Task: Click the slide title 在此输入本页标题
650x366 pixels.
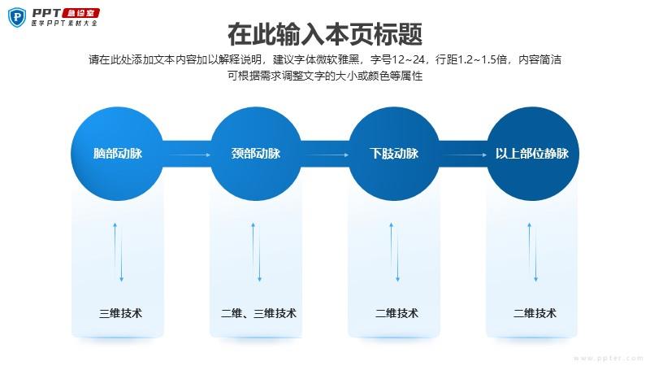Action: [325, 34]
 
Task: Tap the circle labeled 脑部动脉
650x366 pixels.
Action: [118, 154]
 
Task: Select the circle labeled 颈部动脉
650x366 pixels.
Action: [256, 154]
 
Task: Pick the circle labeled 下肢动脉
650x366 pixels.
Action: [394, 154]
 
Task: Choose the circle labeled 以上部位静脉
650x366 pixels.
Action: [532, 154]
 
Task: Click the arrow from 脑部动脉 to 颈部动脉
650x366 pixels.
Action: [187, 155]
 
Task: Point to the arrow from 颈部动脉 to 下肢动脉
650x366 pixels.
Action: [325, 155]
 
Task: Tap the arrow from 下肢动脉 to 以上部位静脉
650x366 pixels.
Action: [463, 155]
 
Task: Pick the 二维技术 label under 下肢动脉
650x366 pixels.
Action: [396, 313]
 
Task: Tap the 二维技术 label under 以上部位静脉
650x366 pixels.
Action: [535, 313]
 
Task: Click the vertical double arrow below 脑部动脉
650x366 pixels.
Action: [118, 252]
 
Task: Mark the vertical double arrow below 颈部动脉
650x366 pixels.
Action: [256, 252]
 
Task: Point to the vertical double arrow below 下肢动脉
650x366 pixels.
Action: [396, 252]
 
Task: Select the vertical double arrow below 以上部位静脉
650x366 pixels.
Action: [534, 252]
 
